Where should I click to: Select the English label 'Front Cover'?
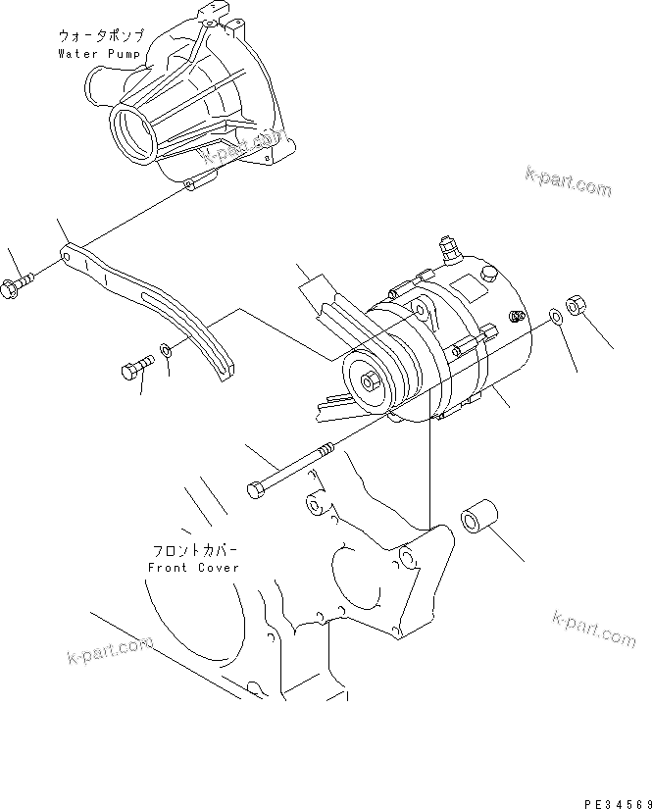pos(193,568)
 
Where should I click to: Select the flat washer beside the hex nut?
pos(555,317)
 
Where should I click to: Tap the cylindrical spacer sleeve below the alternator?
pos(480,520)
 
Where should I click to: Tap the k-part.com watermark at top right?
pos(568,182)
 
